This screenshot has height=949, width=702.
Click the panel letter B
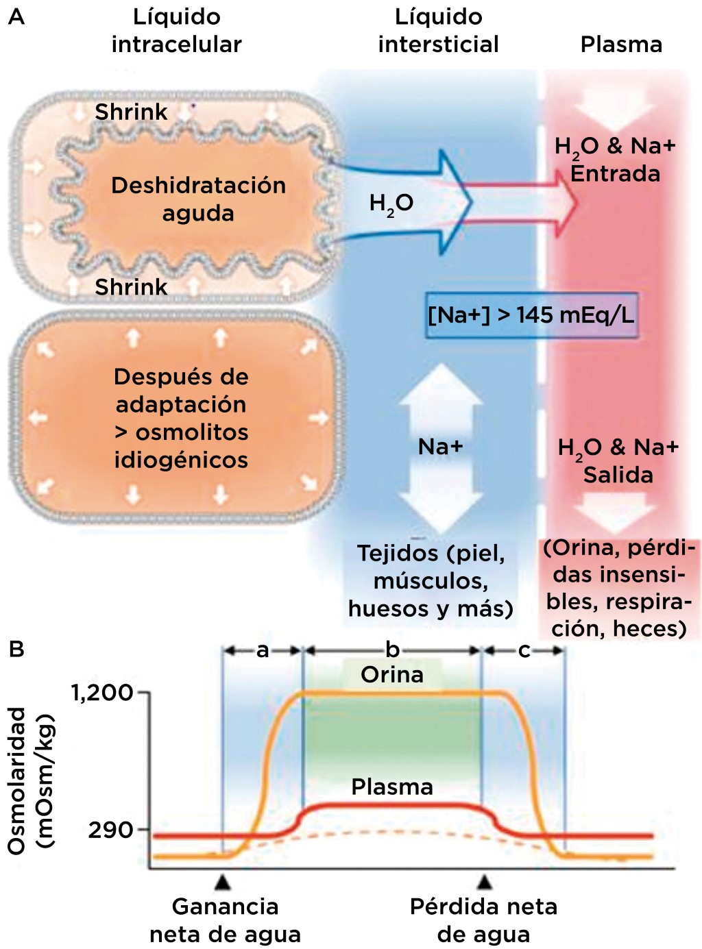pos(16,648)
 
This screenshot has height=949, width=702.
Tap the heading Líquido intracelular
pos(176,31)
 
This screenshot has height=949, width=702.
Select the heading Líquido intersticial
pos(438,31)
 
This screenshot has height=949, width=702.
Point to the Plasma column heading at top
pos(621,45)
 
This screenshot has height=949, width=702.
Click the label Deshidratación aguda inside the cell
pos(198,199)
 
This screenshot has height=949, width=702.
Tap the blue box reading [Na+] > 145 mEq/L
pos(531,315)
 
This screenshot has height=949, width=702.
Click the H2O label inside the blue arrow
pos(391,204)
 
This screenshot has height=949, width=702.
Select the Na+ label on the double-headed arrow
pos(440,447)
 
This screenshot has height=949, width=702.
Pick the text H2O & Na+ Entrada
pos(615,160)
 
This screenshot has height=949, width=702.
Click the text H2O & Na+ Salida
pos(618,461)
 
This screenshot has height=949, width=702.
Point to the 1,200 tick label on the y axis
pos(102,693)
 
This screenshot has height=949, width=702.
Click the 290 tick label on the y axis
pos(110,830)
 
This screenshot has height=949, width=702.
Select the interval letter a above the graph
pos(263,650)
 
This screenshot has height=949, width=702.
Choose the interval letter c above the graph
pos(524,650)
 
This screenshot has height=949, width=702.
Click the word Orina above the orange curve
pos(392,675)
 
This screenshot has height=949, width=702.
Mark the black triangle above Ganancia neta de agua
pos(222,881)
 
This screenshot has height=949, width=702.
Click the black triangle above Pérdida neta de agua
pos(485,881)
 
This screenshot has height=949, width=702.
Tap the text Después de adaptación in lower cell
pos(181,391)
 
